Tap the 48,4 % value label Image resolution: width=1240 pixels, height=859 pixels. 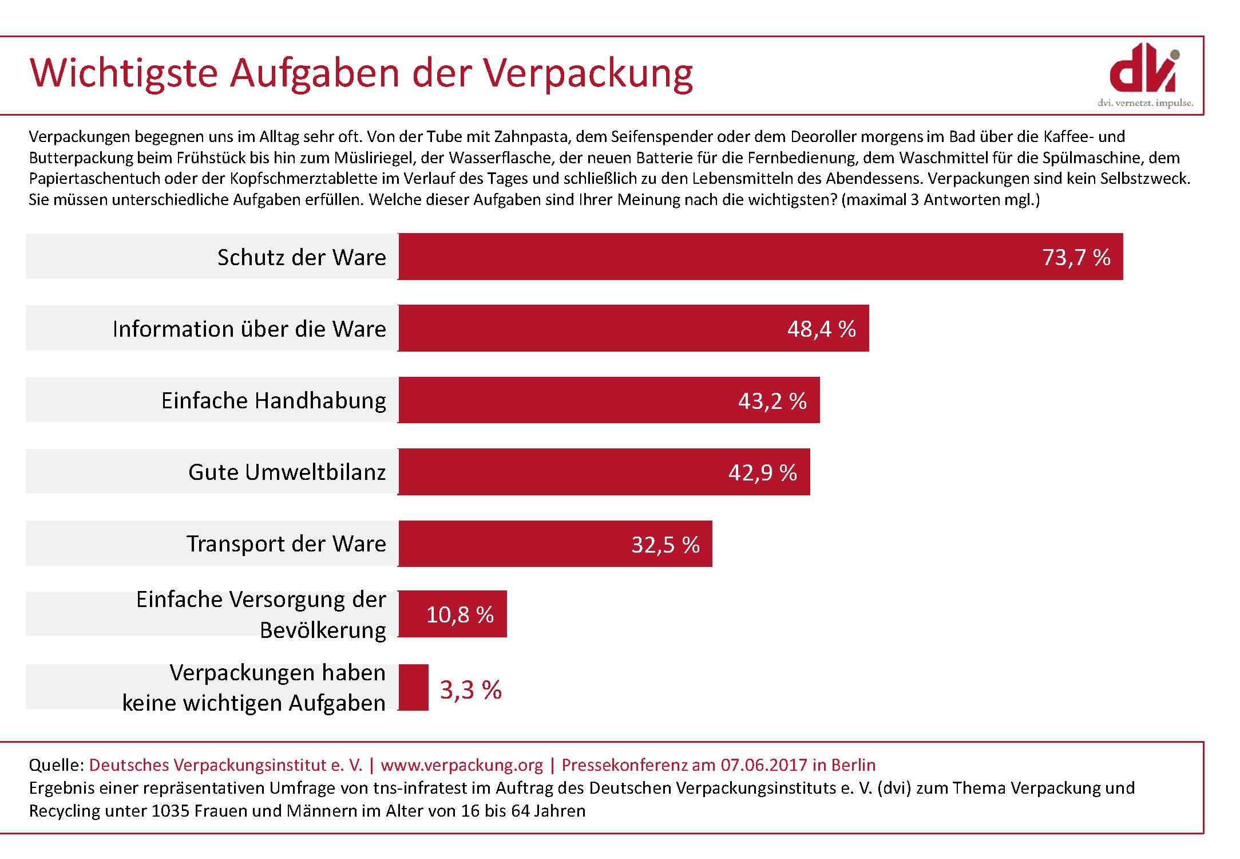pos(821,329)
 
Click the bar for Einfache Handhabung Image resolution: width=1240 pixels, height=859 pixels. pos(609,400)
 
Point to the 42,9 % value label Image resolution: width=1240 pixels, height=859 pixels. pos(762,472)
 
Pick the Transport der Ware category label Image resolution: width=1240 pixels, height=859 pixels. pos(286,543)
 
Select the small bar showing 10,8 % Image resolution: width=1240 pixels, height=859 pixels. pos(452,614)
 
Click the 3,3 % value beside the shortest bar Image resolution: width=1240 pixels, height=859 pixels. pos(470,689)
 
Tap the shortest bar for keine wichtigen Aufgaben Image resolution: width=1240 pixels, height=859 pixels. pos(413,687)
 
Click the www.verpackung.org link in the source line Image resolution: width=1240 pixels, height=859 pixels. pos(462,765)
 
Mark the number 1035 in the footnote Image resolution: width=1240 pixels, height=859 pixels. pos(170,811)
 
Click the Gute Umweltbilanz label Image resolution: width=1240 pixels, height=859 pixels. pos(287,472)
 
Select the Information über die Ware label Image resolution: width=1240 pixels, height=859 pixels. pos(249,329)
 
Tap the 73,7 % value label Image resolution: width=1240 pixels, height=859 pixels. pos(1076,257)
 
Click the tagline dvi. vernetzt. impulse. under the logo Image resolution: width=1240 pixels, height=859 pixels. pos(1145,103)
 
